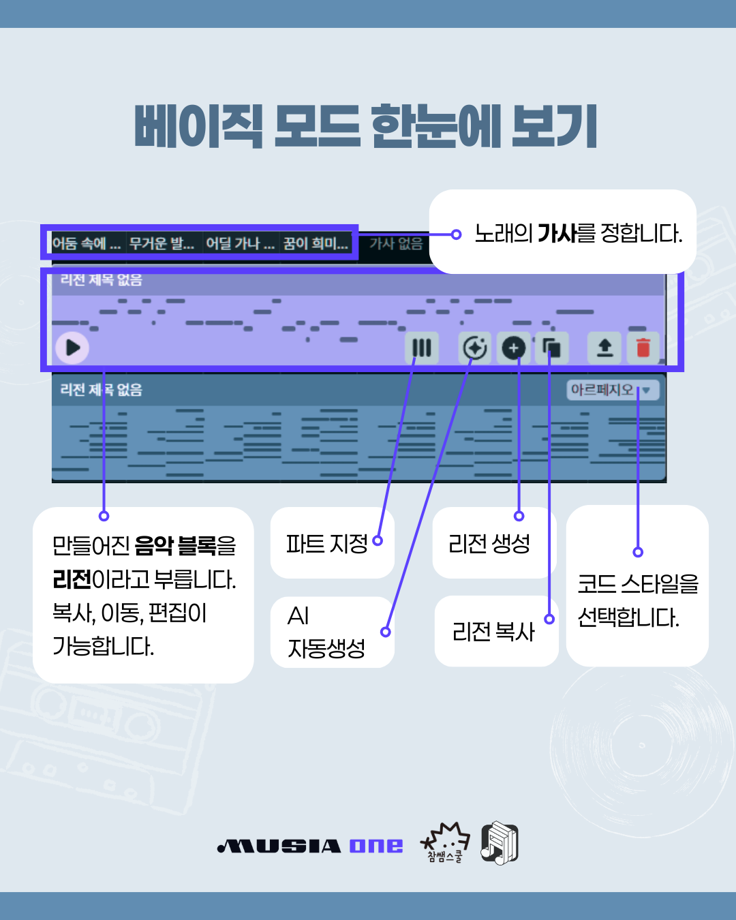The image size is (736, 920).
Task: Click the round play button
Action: [x=72, y=348]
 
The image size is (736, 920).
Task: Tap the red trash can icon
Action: [x=643, y=348]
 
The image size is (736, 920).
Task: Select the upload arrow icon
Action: [x=604, y=348]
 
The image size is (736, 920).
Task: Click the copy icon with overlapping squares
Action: [x=551, y=348]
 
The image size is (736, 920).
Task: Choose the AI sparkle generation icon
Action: [x=474, y=348]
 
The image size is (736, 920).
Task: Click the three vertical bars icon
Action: [x=422, y=348]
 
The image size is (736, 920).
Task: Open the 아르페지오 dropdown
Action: [x=613, y=390]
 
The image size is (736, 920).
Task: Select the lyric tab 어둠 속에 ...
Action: [x=87, y=243]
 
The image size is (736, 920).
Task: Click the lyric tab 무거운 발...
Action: [x=162, y=243]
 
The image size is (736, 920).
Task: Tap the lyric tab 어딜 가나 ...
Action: [x=240, y=243]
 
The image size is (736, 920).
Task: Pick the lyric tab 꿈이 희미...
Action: [x=316, y=243]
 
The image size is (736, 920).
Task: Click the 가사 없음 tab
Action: [x=396, y=243]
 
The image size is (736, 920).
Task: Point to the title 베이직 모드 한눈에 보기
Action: [x=366, y=127]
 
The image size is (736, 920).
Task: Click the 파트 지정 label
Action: [x=326, y=544]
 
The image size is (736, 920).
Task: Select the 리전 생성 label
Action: [x=489, y=544]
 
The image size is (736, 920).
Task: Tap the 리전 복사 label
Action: [x=493, y=632]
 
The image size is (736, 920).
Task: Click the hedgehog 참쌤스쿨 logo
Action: [x=445, y=842]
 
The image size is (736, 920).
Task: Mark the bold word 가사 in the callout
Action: [x=557, y=234]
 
